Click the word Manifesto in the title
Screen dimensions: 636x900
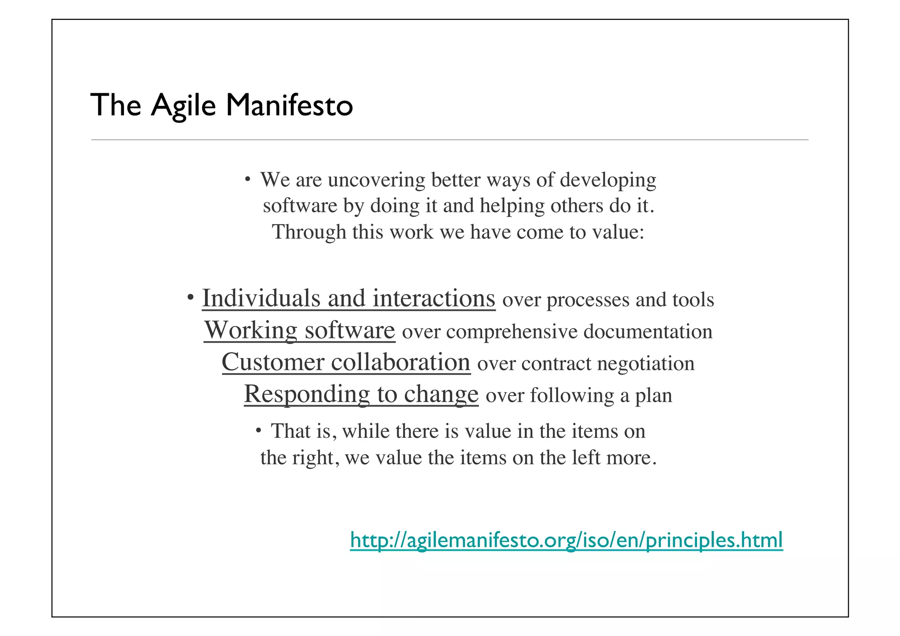tap(289, 105)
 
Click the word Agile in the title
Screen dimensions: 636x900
tap(183, 105)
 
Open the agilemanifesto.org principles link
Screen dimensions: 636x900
tap(566, 540)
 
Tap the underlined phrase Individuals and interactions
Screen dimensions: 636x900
tap(348, 298)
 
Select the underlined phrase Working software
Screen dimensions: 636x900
tap(299, 330)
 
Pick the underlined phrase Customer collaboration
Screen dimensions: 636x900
tap(346, 362)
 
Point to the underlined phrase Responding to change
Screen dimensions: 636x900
tap(361, 394)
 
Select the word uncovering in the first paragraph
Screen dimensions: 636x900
tap(376, 180)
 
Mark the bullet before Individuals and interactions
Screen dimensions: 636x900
tap(190, 297)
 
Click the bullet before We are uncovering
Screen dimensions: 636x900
tap(248, 179)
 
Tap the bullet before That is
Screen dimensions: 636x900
tap(259, 430)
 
